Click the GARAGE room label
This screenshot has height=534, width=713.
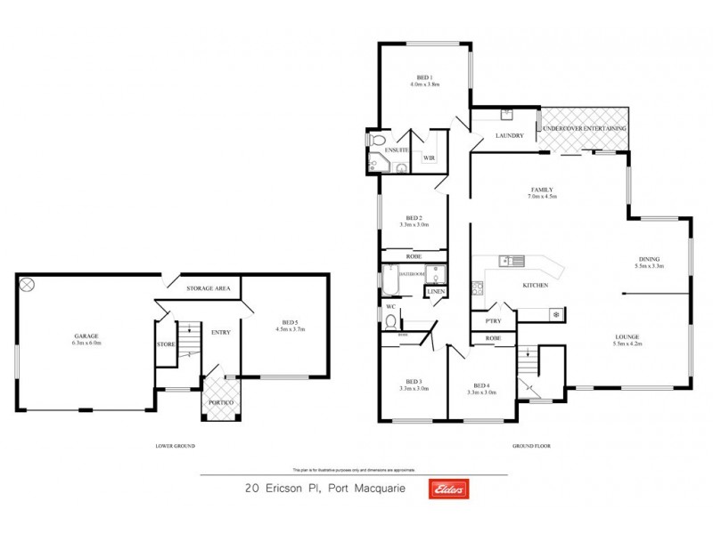click(x=86, y=337)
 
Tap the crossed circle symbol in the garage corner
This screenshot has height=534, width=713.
click(x=27, y=285)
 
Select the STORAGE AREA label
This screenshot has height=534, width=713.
click(x=209, y=289)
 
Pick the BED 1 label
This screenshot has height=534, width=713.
click(x=424, y=77)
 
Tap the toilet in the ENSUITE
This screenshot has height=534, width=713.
click(x=378, y=141)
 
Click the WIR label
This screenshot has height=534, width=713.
click(x=429, y=158)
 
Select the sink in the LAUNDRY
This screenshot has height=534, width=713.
click(x=506, y=114)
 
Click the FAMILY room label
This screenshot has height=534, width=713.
click(x=541, y=190)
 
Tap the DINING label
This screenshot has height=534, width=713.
click(x=650, y=260)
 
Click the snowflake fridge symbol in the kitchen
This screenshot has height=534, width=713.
click(x=555, y=314)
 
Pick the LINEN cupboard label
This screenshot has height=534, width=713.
click(x=436, y=292)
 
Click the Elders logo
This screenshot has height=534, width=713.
click(x=449, y=489)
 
